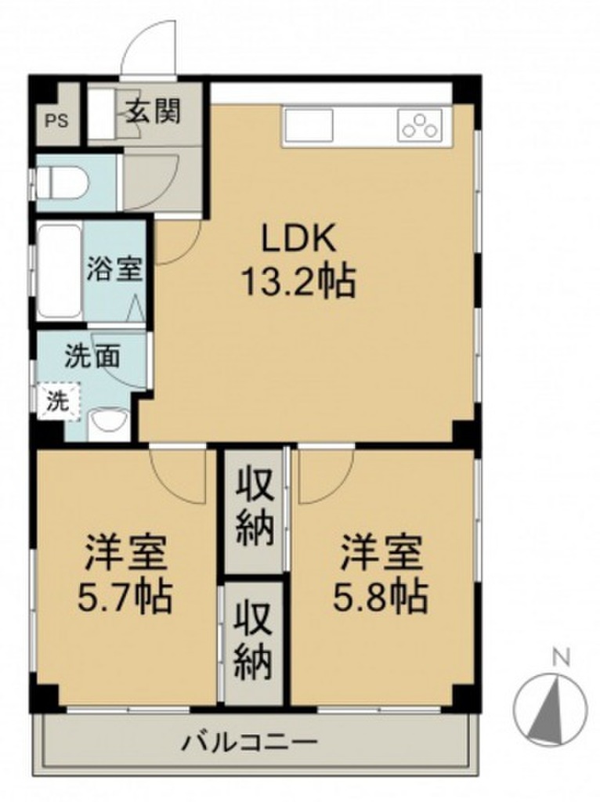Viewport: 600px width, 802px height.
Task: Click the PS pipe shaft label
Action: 56,121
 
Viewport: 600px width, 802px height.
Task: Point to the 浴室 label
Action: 114,269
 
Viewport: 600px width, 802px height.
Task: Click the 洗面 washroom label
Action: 92,356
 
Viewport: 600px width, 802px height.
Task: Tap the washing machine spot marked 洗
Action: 58,402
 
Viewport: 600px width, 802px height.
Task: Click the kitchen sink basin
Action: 309,126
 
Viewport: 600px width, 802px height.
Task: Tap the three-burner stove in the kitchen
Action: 420,125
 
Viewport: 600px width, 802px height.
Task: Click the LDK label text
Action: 299,239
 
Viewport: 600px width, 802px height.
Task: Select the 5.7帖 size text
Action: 125,597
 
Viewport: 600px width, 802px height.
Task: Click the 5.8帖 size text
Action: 381,597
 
